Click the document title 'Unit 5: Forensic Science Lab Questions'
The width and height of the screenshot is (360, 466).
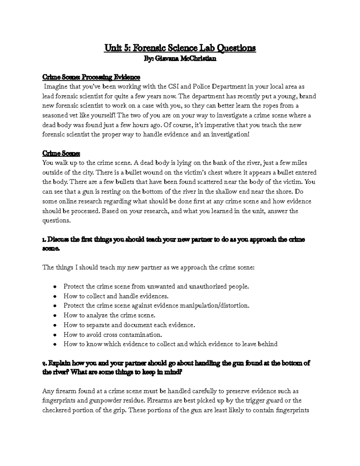click(180, 48)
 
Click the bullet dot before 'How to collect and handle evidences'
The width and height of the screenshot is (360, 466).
click(55, 296)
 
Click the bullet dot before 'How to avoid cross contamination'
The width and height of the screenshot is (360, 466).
click(55, 335)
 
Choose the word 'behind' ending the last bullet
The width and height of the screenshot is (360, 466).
click(268, 344)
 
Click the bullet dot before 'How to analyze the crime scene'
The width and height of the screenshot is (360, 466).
click(55, 316)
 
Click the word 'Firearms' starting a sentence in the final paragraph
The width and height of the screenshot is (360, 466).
click(158, 400)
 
